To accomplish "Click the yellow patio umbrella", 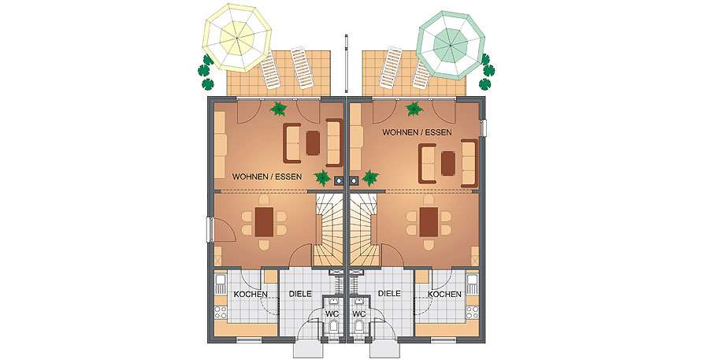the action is coord(238,37).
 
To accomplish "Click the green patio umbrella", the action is coord(451,45).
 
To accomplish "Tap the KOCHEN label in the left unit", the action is coord(251,295).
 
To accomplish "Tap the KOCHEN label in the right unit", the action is coord(444,295).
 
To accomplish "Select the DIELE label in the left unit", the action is coord(300,294).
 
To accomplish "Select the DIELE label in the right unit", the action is coord(389,294).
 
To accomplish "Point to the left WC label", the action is coord(332,314).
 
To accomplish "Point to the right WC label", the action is coord(358,314).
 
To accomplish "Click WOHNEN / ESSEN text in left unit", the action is coord(267,176).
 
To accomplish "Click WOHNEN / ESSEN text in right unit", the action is coord(418,132).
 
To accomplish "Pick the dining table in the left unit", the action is coord(264,222).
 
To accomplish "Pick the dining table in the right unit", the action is coord(429,222).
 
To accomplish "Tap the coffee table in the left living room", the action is coord(313,143).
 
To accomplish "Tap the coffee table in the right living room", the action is coord(448,163).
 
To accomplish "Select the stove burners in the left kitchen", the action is coord(221,310).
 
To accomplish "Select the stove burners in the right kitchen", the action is coord(473,310).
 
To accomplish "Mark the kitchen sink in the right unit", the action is coord(473,284).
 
